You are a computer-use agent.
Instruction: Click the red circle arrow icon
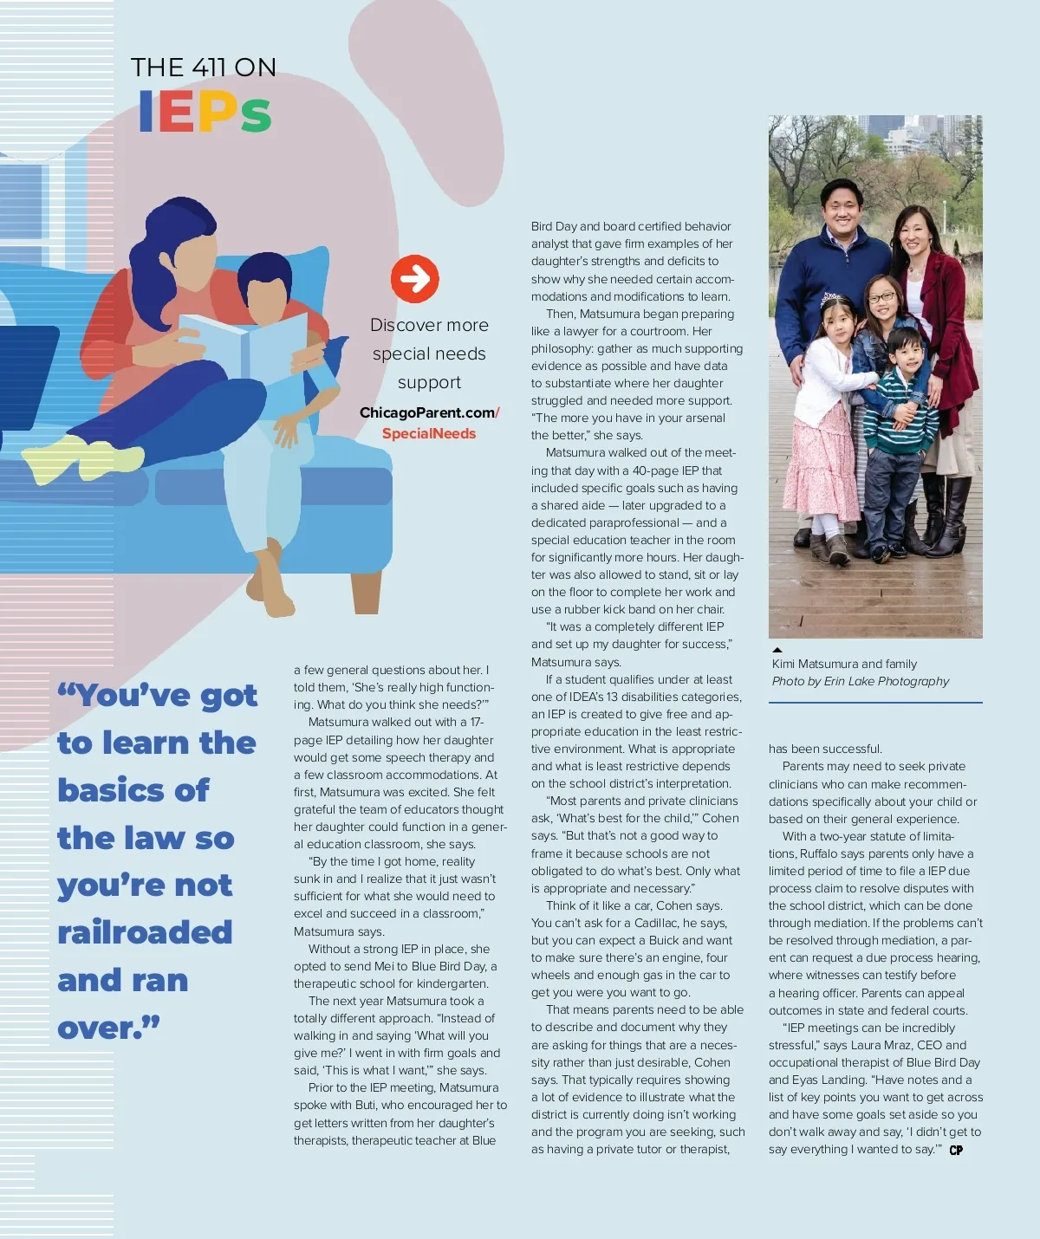(414, 279)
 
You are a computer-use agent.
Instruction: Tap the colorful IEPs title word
(205, 113)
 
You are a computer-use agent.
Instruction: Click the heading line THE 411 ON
(204, 68)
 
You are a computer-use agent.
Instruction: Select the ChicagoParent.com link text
(428, 412)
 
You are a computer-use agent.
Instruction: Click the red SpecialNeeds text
(429, 433)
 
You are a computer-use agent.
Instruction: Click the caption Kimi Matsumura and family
(844, 664)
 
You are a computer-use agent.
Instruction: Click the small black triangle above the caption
(777, 649)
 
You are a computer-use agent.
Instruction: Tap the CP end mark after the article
(956, 1150)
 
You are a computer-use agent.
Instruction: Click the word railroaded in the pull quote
(145, 932)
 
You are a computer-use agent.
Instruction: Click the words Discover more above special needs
(429, 325)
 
